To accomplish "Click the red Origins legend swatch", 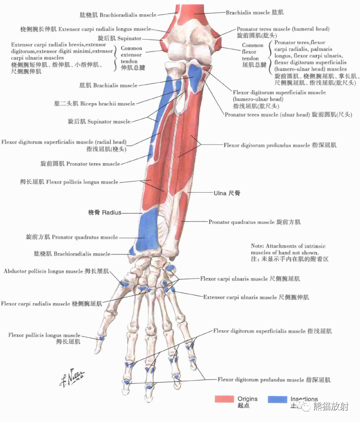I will click(225, 399).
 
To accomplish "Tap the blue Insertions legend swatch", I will click(277, 399).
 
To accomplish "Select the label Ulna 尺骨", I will click(227, 193).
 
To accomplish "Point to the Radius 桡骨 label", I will click(105, 212).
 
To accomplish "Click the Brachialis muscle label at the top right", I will click(254, 12).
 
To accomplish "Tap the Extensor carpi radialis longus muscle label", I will click(85, 29).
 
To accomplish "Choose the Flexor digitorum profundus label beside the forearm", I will click(280, 145).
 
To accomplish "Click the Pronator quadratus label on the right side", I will click(254, 222).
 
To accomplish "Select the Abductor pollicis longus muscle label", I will click(56, 271).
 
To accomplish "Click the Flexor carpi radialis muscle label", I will click(52, 304).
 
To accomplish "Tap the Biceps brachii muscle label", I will click(95, 103).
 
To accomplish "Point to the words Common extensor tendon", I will click(131, 55).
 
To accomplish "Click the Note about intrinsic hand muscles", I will click(289, 252).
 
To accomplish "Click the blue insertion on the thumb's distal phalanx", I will click(101, 338).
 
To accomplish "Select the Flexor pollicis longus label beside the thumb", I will click(45, 338).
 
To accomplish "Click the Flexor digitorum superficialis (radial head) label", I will click(64, 145).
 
